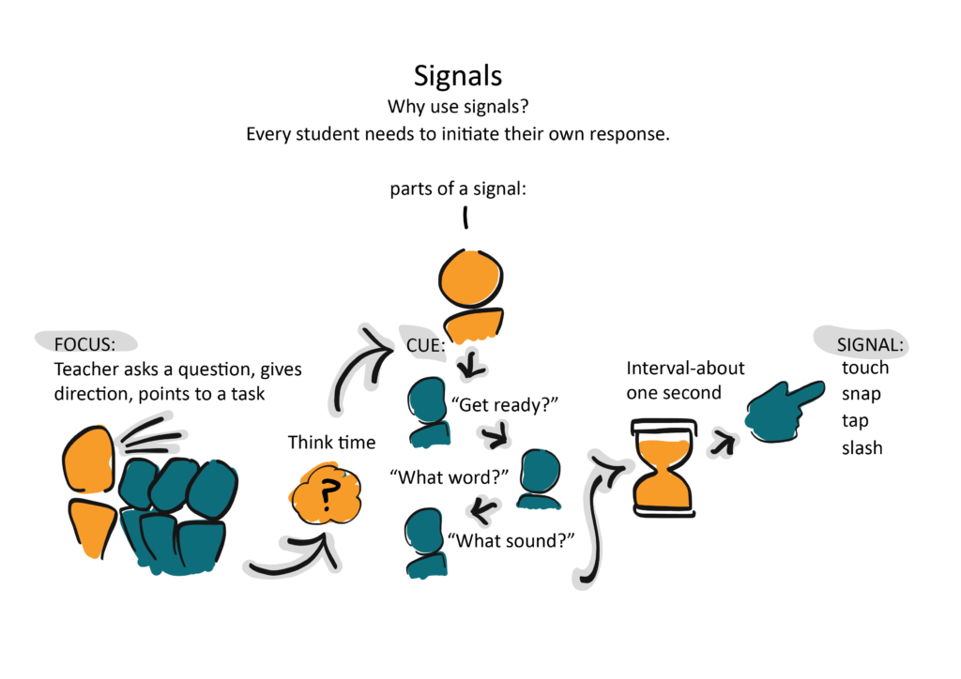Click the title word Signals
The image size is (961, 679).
click(457, 76)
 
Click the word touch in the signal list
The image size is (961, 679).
click(865, 368)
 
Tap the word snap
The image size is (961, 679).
click(862, 394)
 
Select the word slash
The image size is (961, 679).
click(862, 447)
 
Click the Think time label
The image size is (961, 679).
click(331, 442)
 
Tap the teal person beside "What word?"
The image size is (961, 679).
click(540, 477)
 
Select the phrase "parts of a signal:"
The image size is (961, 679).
click(457, 189)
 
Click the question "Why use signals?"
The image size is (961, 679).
click(457, 107)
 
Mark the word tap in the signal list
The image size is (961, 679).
click(855, 420)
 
